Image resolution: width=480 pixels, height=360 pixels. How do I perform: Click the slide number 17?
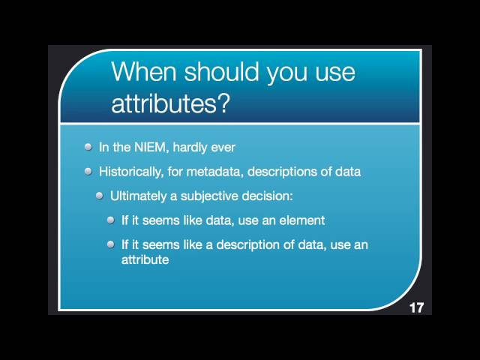(x=417, y=307)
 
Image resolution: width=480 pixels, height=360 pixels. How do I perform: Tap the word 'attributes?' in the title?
(x=169, y=103)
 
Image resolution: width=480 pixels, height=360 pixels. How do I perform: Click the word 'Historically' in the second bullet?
(x=131, y=171)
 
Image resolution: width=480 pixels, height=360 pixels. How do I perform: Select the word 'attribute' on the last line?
(x=145, y=260)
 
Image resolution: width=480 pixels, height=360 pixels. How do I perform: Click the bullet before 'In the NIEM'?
(x=88, y=147)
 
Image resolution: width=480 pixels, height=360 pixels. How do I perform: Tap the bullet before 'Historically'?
(x=88, y=171)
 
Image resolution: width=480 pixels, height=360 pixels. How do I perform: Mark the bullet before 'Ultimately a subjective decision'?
(x=100, y=196)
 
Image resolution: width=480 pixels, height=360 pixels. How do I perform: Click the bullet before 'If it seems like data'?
(x=111, y=220)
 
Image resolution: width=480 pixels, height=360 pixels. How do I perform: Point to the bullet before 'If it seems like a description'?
(x=111, y=244)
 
